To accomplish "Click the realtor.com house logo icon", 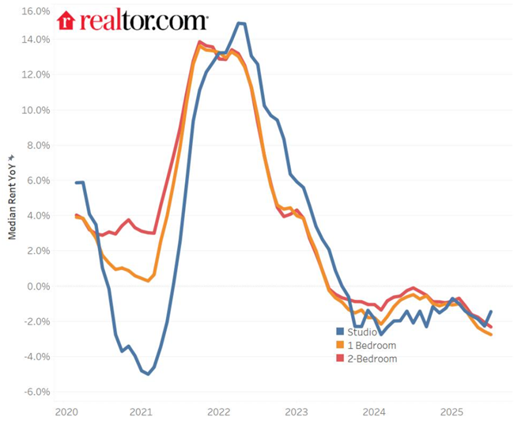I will (x=66, y=21).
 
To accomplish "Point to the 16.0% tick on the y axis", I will (x=36, y=12).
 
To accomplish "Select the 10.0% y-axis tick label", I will (x=36, y=110).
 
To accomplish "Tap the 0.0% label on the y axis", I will (x=38, y=286).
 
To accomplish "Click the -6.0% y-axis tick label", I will (x=36, y=392).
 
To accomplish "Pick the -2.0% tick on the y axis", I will (x=36, y=321).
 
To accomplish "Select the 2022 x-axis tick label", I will (x=218, y=412).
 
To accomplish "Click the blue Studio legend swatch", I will (x=341, y=332).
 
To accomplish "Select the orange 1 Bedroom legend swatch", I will (x=341, y=345).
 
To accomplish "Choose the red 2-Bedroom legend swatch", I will (x=341, y=358).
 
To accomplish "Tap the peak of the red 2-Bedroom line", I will (x=199, y=42).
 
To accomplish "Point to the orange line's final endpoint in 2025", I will (x=491, y=335).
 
